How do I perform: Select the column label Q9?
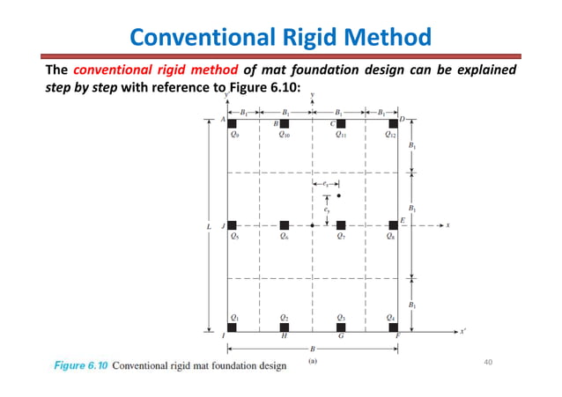coord(233,136)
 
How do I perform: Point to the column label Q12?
coord(391,136)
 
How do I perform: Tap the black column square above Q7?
coord(341,225)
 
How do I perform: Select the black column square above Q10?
coord(285,123)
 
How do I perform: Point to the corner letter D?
coord(402,119)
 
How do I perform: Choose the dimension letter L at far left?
coord(209,226)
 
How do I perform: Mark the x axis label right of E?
coord(447,225)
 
